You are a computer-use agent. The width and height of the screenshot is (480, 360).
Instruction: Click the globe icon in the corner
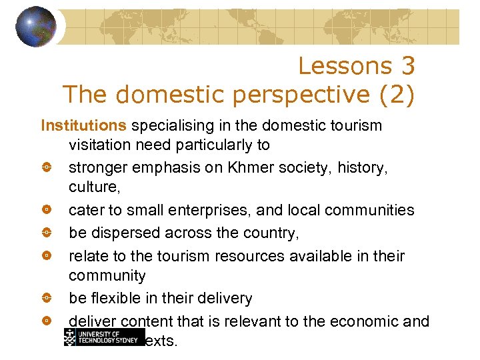pyautogui.click(x=35, y=27)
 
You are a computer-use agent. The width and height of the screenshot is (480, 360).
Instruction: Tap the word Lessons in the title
pyautogui.click(x=336, y=66)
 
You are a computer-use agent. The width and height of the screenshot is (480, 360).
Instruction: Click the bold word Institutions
pyautogui.click(x=83, y=125)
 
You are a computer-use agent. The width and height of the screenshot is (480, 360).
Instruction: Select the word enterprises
pyautogui.click(x=207, y=211)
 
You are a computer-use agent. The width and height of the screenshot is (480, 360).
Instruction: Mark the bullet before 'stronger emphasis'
pyautogui.click(x=46, y=167)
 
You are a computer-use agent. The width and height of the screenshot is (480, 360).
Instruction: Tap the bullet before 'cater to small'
pyautogui.click(x=46, y=211)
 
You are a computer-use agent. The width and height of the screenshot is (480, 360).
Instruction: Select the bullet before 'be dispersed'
pyautogui.click(x=46, y=233)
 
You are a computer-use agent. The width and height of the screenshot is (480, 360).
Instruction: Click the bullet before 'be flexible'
pyautogui.click(x=46, y=298)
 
